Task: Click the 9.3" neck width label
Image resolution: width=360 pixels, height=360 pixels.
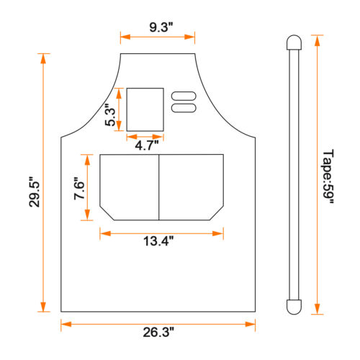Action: coord(161,27)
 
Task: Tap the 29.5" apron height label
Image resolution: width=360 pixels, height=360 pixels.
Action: coord(35,192)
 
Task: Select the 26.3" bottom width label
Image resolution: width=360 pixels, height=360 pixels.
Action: coord(158,332)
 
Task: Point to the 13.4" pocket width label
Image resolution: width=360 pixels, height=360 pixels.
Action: coord(158,241)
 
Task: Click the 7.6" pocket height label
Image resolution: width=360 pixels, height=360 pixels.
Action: coord(79,189)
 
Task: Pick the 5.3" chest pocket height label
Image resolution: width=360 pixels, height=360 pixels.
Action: coord(110,115)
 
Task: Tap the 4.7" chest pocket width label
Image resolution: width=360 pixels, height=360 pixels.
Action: coord(147,145)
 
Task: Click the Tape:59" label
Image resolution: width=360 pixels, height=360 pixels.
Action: coord(328,177)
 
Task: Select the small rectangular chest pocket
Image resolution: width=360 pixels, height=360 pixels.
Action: coord(145,109)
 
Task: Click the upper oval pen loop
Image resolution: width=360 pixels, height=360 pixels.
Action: coord(184,96)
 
